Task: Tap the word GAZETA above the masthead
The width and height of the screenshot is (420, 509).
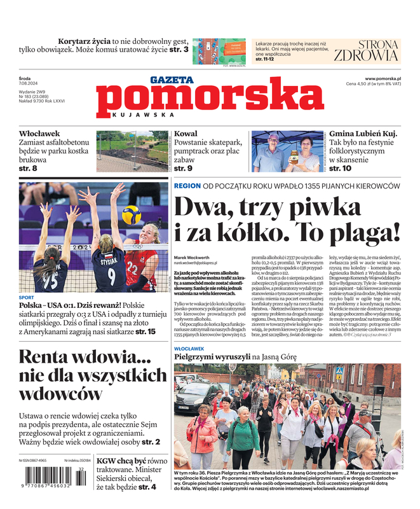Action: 172,80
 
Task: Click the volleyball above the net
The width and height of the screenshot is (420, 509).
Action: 132,215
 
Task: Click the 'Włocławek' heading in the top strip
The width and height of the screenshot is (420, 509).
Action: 40,134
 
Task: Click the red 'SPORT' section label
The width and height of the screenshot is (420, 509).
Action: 27,297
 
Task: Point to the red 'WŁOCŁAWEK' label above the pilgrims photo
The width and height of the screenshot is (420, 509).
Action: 189,349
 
